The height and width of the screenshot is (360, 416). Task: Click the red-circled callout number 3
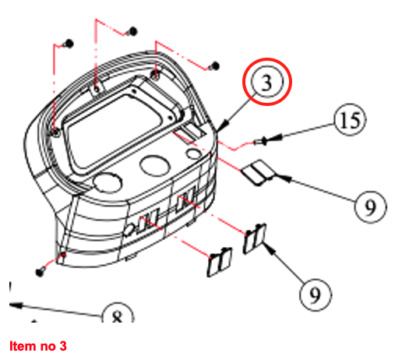[267, 82]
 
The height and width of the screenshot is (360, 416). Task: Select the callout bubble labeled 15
[350, 120]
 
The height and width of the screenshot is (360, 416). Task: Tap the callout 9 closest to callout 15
[371, 206]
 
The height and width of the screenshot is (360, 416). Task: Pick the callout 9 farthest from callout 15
[316, 295]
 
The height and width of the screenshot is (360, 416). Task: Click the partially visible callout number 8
[118, 313]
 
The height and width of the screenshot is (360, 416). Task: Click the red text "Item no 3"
[38, 346]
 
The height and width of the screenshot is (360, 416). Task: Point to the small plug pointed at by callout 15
[260, 142]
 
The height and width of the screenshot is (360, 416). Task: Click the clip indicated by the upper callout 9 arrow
[258, 173]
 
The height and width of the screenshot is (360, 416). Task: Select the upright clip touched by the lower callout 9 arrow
[255, 238]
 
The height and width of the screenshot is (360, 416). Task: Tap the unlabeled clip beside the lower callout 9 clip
[219, 263]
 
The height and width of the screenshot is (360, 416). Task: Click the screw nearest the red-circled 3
[215, 65]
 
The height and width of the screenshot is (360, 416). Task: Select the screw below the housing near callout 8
[40, 272]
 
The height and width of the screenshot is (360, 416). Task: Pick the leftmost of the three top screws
[69, 44]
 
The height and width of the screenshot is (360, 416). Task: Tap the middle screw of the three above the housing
[132, 31]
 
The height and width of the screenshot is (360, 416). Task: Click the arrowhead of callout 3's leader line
[224, 125]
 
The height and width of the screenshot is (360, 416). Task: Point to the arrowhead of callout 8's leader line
[16, 305]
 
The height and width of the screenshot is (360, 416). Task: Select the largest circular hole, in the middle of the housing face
[155, 165]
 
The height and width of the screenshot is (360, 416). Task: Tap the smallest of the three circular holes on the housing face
[194, 154]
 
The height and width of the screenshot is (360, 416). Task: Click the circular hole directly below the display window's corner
[108, 182]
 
